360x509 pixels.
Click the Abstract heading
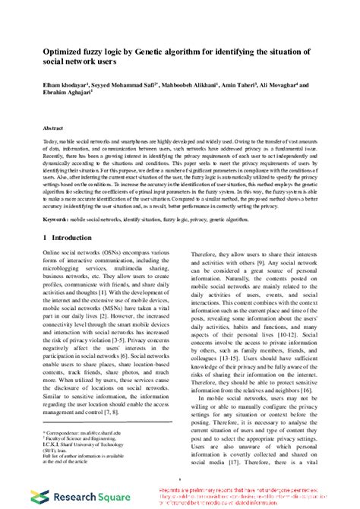click(53, 130)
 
